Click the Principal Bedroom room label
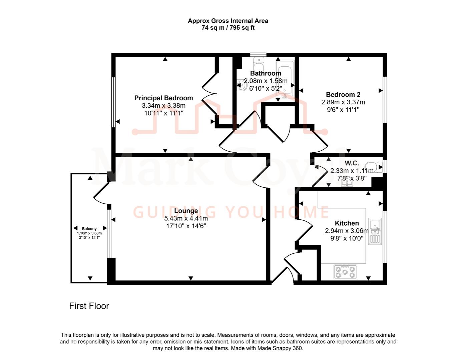pos(163,98)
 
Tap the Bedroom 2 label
pos(343,95)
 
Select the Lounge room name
pos(186,211)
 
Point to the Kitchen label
pos(347,223)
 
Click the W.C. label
pos(352,163)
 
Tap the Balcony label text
pos(89,229)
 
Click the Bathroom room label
pos(266,73)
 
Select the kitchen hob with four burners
pos(345,271)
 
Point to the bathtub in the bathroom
pos(285,79)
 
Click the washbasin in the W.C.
pos(348,183)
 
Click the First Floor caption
pos(89,306)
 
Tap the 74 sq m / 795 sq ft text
pos(228,28)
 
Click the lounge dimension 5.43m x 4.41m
pos(186,219)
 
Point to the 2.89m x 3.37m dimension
pos(343,102)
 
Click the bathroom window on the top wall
pos(259,55)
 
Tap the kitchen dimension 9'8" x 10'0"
pos(347,239)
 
